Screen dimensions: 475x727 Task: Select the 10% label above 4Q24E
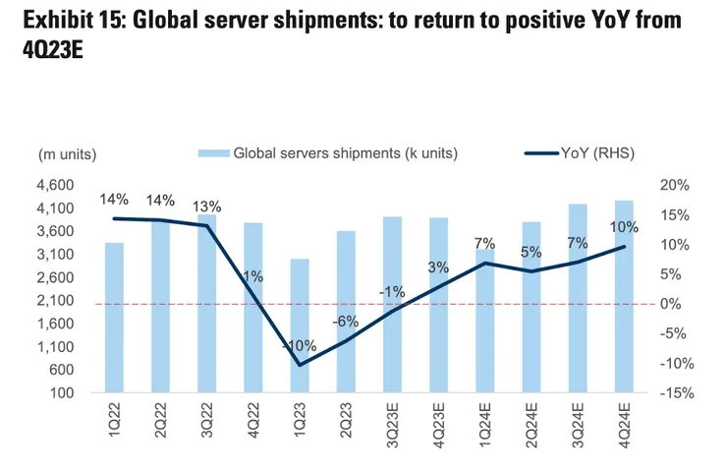coord(624,227)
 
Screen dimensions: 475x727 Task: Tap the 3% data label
coord(438,267)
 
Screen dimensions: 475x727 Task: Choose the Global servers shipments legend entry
coord(330,152)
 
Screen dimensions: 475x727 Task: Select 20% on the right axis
coord(677,185)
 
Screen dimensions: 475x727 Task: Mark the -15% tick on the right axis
coord(676,393)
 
